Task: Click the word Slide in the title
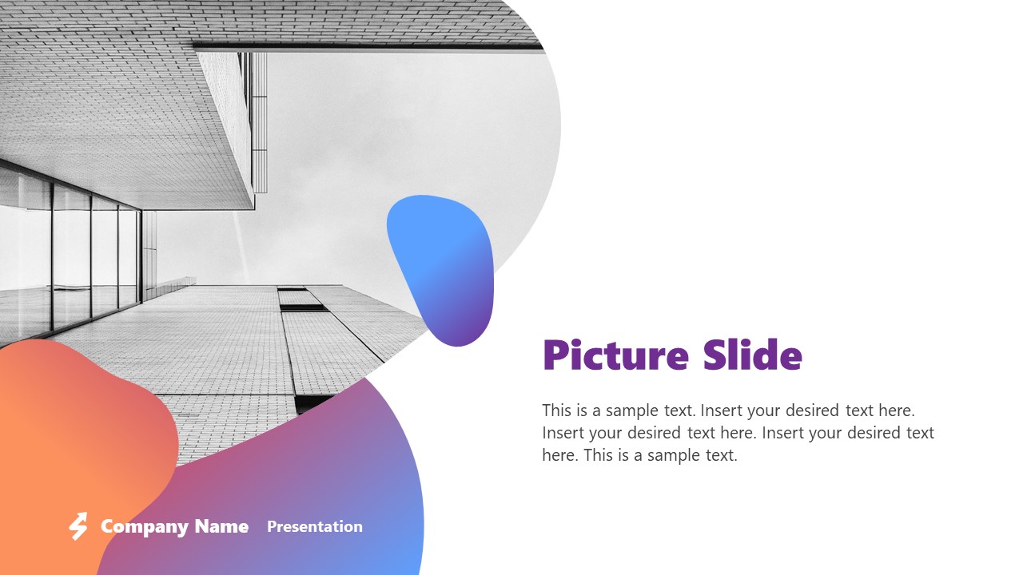pyautogui.click(x=752, y=355)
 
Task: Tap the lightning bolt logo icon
pyautogui.click(x=78, y=526)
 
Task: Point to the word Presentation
pyautogui.click(x=314, y=526)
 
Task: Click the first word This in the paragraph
pyautogui.click(x=556, y=410)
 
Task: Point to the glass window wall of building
pyautogui.click(x=72, y=256)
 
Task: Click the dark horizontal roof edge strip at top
pyautogui.click(x=368, y=47)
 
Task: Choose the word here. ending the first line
pyautogui.click(x=896, y=410)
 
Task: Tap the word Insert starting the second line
pyautogui.click(x=561, y=433)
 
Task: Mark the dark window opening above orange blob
pyautogui.click(x=314, y=402)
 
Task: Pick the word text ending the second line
pyautogui.click(x=918, y=433)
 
